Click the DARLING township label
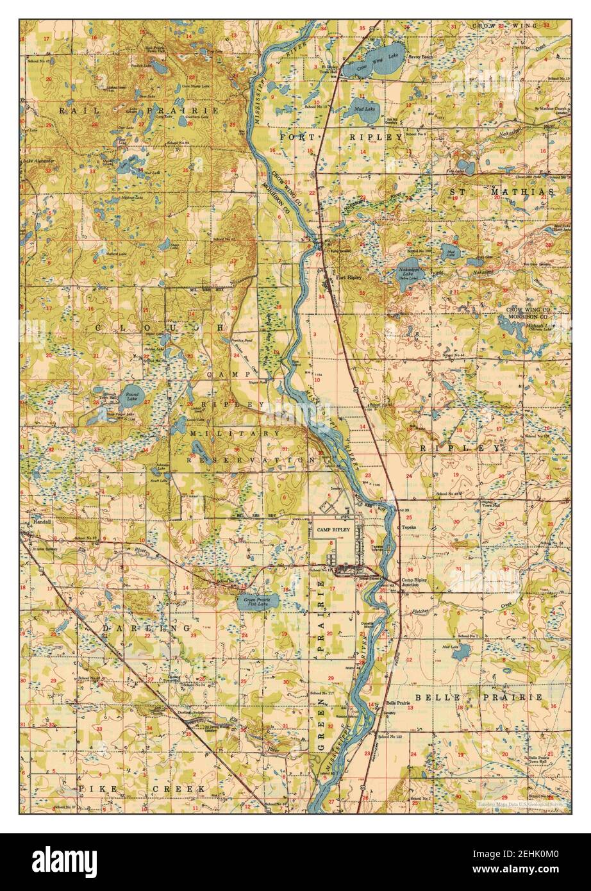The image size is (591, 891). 147,629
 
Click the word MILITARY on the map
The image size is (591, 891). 235,433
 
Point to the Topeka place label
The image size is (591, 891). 410,528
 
